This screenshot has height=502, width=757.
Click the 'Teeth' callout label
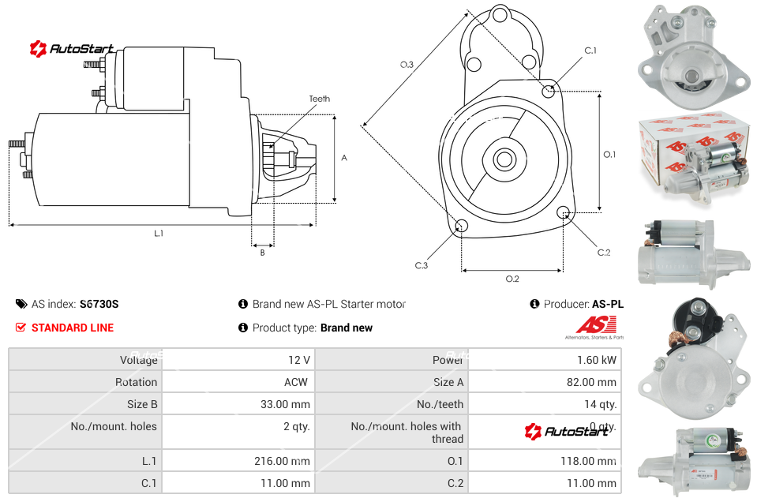[x=319, y=99]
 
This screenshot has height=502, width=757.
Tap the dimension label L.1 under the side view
[x=159, y=234]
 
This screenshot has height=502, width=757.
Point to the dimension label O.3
[x=407, y=65]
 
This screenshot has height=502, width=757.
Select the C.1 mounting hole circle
[x=549, y=91]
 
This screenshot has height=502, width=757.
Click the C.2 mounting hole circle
[x=564, y=212]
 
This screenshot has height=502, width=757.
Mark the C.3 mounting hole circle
[x=463, y=227]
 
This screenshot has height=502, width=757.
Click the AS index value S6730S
[x=99, y=304]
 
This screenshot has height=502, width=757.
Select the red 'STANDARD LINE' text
[x=72, y=328]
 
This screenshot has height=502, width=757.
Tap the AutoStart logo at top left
[x=72, y=49]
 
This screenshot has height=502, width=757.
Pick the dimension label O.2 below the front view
[x=512, y=279]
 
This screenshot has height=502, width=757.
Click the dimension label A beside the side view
[x=343, y=158]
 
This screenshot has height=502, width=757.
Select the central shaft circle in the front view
[x=504, y=159]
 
